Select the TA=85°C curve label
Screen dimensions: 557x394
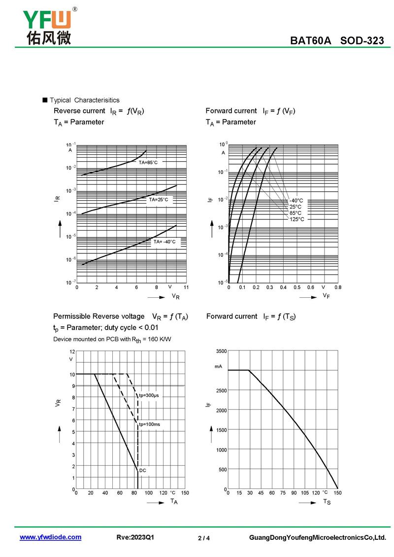[148, 162]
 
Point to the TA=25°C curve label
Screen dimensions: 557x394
[159, 200]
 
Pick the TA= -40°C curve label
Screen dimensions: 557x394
[164, 242]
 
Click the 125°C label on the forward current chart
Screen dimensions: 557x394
[296, 219]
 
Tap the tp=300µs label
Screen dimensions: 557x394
[149, 395]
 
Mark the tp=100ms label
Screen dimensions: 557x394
[149, 424]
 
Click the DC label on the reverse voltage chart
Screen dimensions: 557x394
[143, 470]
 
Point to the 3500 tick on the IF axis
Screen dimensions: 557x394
[221, 351]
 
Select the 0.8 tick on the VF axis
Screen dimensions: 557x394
[338, 287]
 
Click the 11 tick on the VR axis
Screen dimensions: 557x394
[186, 287]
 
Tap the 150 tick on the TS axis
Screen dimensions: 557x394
[338, 492]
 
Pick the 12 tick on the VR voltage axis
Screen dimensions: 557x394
[72, 351]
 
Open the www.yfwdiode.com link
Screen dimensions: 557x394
[50, 537]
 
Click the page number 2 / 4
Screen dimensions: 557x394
[204, 538]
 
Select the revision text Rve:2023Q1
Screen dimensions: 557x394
[135, 537]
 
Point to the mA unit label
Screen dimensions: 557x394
[219, 366]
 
